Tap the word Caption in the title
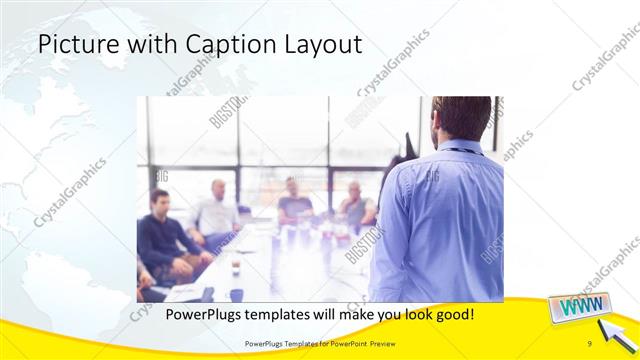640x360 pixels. pos(200,45)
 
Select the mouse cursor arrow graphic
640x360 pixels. pos(613,331)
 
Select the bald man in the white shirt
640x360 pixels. pos(217,210)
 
